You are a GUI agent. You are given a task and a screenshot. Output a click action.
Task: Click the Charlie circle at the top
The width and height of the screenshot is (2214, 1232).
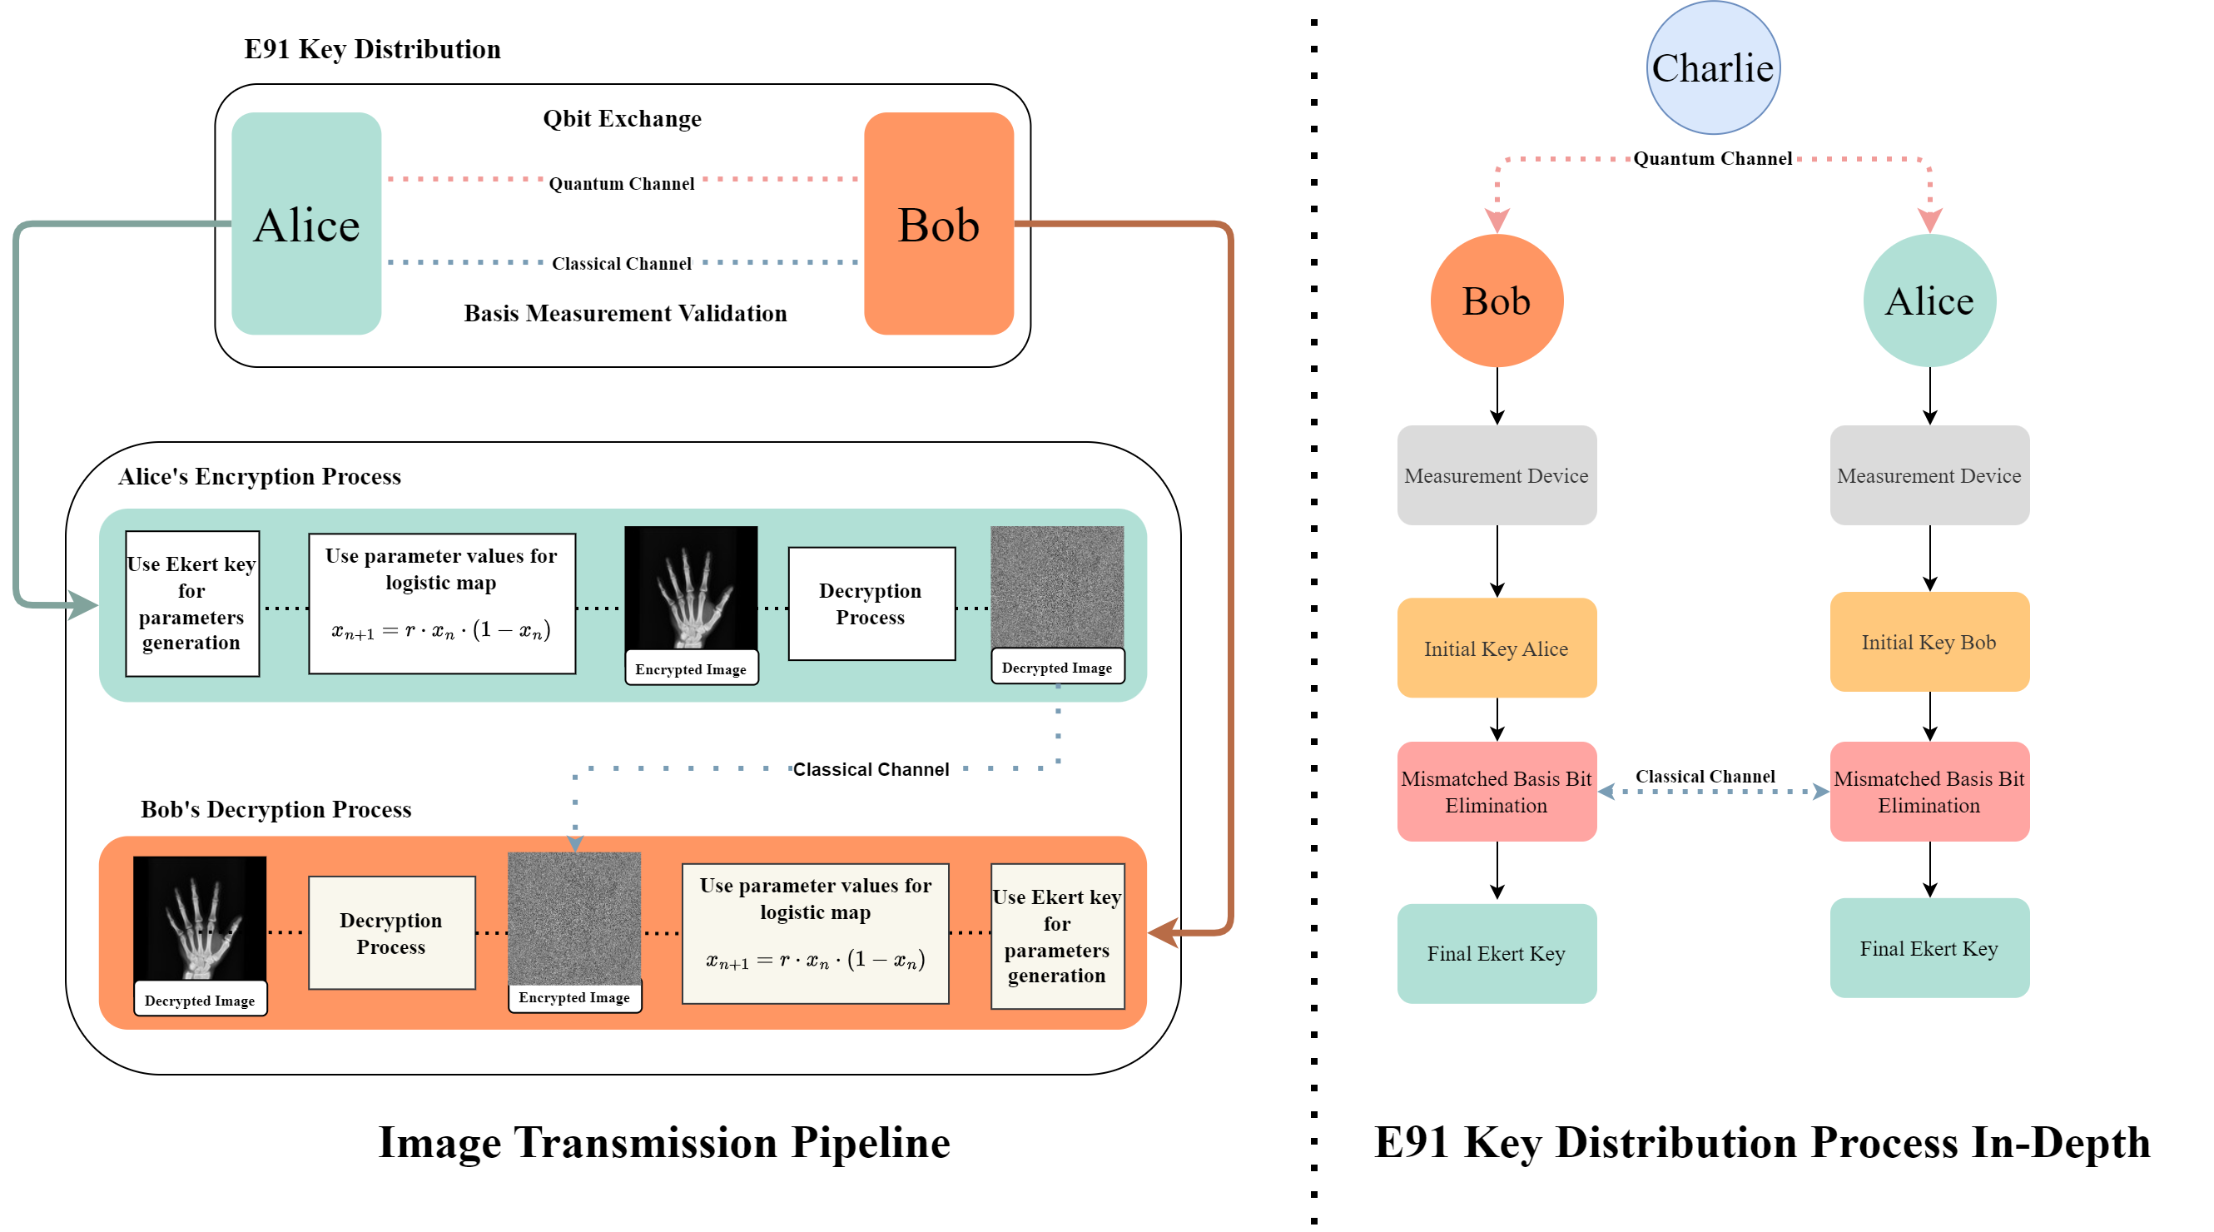click(1712, 68)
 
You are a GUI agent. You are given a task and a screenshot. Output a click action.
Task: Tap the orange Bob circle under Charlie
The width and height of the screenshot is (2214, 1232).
click(1497, 301)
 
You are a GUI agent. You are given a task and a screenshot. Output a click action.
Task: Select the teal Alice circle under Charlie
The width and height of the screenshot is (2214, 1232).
click(1929, 301)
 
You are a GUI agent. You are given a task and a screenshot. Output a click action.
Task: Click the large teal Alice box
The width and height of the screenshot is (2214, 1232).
click(306, 224)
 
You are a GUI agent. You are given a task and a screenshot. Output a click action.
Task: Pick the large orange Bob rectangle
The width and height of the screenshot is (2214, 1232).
click(938, 224)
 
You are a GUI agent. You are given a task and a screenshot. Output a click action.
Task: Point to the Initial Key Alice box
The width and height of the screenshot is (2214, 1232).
click(1497, 648)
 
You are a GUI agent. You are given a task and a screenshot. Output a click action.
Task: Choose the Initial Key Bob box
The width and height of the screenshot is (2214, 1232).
click(1929, 643)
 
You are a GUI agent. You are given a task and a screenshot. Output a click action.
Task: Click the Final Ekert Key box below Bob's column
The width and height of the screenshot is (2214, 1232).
click(1497, 953)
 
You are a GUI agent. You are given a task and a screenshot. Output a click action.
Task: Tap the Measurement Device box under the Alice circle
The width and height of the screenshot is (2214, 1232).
click(1929, 475)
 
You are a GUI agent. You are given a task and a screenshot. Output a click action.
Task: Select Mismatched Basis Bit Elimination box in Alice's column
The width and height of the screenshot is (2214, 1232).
click(1929, 792)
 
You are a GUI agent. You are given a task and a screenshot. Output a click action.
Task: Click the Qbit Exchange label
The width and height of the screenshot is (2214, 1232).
click(622, 119)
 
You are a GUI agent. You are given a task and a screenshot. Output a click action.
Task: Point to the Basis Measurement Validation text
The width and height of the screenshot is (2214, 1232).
click(625, 313)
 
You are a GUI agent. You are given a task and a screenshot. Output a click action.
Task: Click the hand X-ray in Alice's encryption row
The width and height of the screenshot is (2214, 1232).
click(690, 589)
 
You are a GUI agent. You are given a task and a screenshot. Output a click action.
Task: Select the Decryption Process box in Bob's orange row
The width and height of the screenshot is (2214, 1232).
click(391, 933)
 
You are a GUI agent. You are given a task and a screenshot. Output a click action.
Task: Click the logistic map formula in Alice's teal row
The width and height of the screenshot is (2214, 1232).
click(441, 630)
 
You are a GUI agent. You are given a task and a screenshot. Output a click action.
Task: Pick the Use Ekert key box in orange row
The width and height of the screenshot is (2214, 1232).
click(1056, 936)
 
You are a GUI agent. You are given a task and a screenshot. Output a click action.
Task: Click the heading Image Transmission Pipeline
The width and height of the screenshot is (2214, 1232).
click(663, 1143)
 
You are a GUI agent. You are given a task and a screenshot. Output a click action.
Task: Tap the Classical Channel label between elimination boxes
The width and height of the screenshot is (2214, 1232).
click(1705, 777)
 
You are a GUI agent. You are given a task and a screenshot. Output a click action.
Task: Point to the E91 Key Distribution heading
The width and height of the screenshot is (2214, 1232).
click(372, 49)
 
